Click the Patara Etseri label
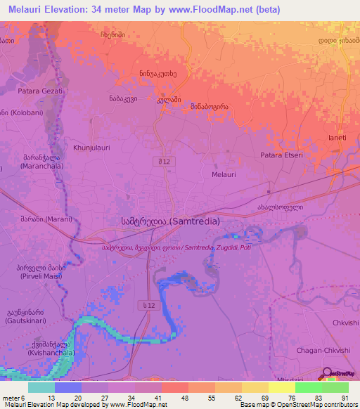[x=281, y=155]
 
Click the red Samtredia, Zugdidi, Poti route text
[x=176, y=247]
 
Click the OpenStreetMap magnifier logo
[x=327, y=375]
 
